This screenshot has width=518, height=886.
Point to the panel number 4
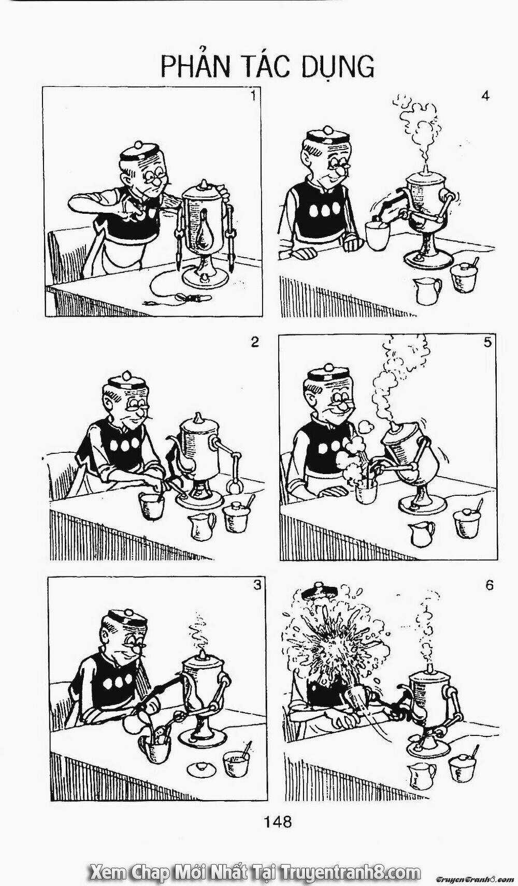pyautogui.click(x=486, y=96)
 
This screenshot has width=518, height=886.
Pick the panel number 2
pyautogui.click(x=255, y=342)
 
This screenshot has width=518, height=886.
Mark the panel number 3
pyautogui.click(x=257, y=585)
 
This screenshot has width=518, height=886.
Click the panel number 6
pyautogui.click(x=489, y=585)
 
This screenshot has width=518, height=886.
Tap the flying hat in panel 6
pyautogui.click(x=317, y=591)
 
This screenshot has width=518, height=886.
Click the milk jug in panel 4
pyautogui.click(x=427, y=288)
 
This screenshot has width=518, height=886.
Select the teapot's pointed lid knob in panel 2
pyautogui.click(x=197, y=418)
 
